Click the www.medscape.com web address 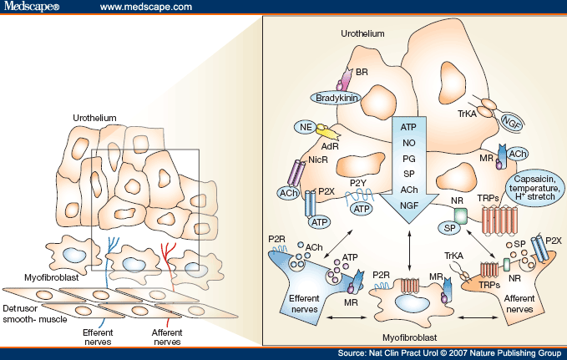148,8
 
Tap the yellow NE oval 303,127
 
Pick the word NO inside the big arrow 408,143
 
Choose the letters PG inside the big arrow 408,160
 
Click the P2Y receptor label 358,183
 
